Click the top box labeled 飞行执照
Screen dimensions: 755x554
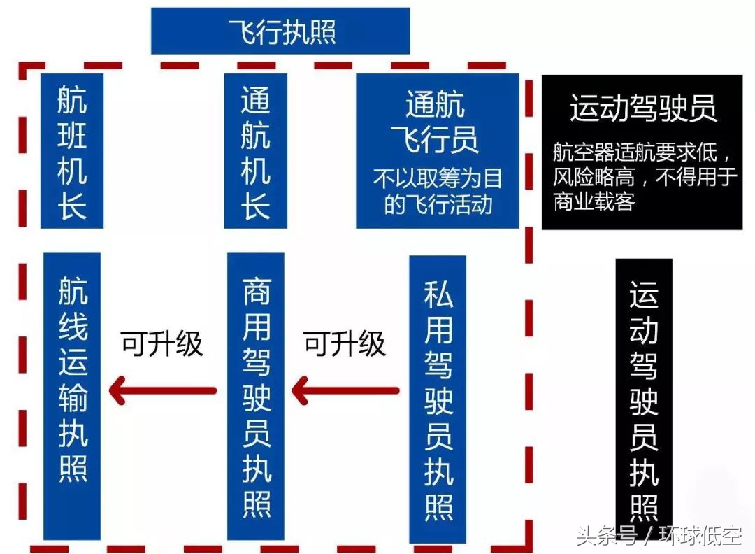tap(280, 31)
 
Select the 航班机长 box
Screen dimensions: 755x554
tap(72, 151)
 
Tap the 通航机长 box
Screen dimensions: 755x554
tap(256, 151)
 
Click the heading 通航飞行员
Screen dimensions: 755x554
tap(436, 122)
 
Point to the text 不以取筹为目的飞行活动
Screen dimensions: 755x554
tap(437, 191)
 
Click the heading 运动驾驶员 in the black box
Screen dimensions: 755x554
tap(643, 108)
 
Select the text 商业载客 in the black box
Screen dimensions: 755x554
tap(594, 201)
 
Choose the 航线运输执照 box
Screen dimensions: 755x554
tap(72, 395)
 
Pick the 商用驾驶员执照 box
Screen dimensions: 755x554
tap(256, 395)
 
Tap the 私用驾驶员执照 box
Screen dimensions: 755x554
tap(438, 399)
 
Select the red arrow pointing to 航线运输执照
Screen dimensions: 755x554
tap(163, 390)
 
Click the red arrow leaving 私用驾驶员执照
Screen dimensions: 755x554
tap(345, 390)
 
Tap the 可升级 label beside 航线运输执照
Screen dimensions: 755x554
tap(161, 343)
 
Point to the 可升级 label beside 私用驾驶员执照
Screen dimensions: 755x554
tap(344, 343)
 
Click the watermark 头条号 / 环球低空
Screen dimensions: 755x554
tap(659, 535)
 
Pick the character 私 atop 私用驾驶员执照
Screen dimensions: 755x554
tap(438, 294)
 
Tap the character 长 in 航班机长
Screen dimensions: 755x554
tap(72, 206)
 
